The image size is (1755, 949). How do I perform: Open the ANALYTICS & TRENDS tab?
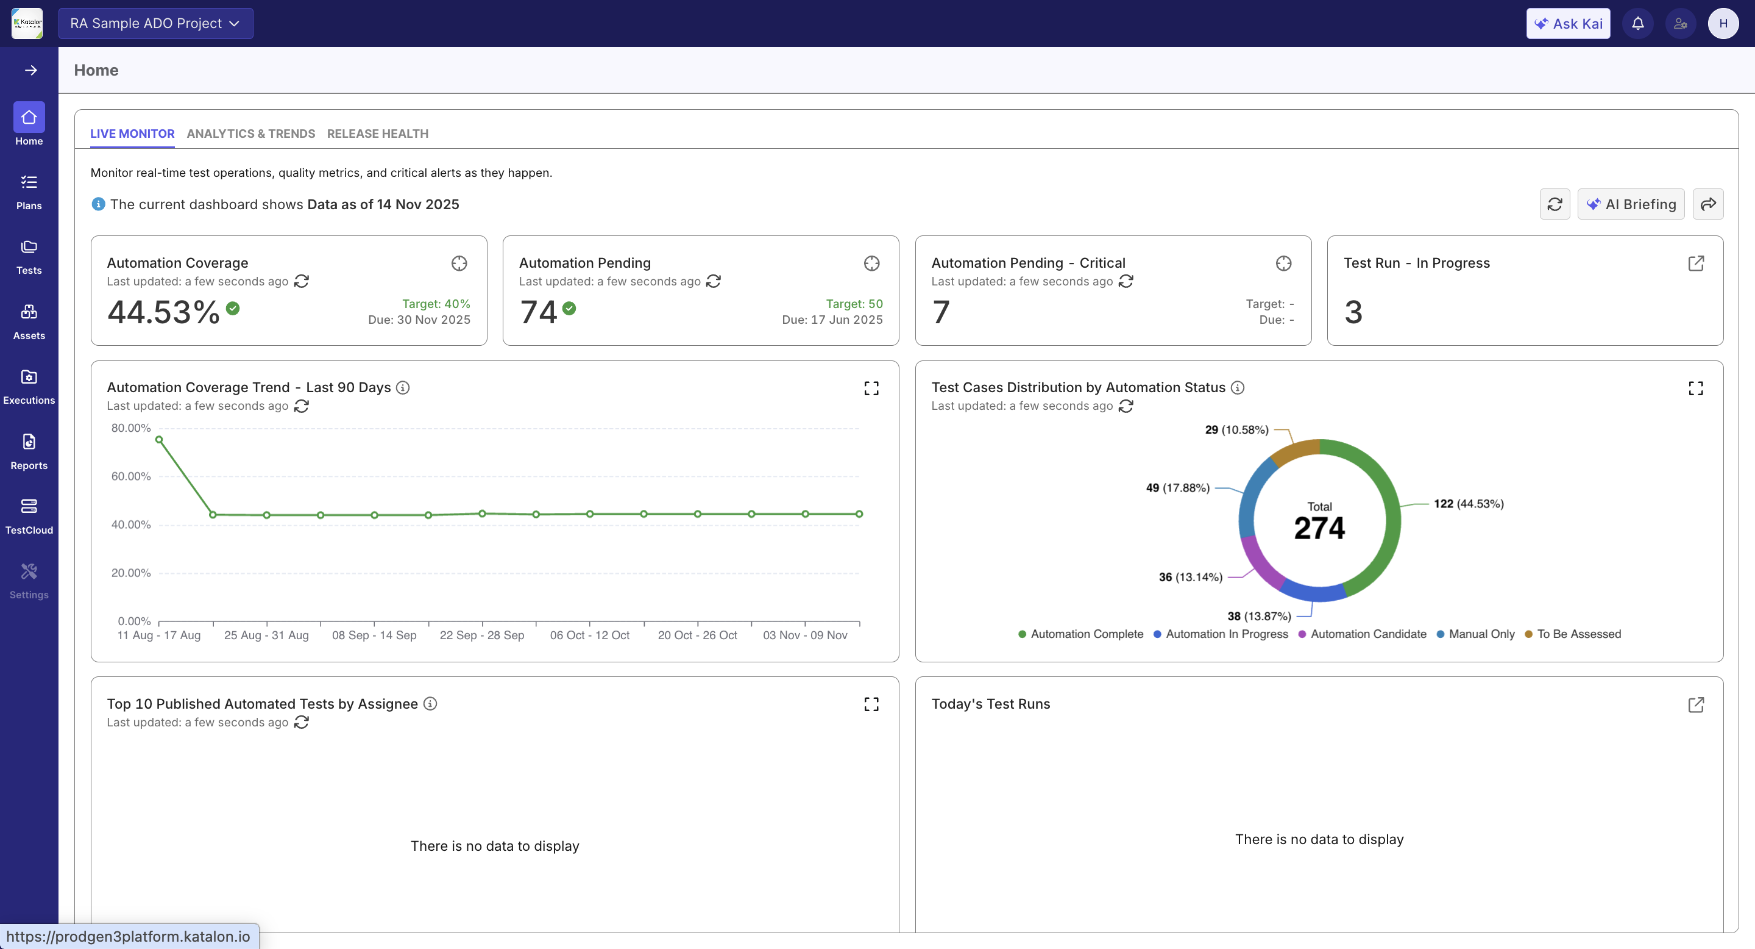click(x=250, y=134)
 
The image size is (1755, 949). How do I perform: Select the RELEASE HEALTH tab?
click(x=377, y=134)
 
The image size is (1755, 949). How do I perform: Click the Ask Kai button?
click(x=1568, y=24)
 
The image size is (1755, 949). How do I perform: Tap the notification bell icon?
click(x=1638, y=24)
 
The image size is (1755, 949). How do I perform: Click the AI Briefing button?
click(x=1631, y=204)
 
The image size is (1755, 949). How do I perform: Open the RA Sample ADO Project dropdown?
click(x=155, y=24)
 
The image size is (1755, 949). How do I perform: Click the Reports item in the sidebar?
click(x=29, y=451)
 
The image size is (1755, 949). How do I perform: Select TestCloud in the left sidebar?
click(x=29, y=516)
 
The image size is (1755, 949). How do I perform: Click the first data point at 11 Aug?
click(x=158, y=440)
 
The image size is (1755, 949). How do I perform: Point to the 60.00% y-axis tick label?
click(x=131, y=476)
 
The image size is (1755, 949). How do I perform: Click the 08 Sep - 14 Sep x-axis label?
click(x=374, y=636)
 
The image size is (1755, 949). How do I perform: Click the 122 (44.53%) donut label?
click(x=1468, y=504)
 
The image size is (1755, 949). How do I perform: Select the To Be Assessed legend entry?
click(x=1578, y=634)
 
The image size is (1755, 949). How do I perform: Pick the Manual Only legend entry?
click(x=1480, y=634)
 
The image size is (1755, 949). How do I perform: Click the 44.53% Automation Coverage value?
click(x=163, y=312)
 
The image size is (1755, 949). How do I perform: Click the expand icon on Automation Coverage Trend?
click(x=871, y=389)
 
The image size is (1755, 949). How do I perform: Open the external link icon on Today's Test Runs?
click(x=1696, y=705)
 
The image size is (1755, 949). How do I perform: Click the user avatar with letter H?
click(x=1722, y=24)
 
